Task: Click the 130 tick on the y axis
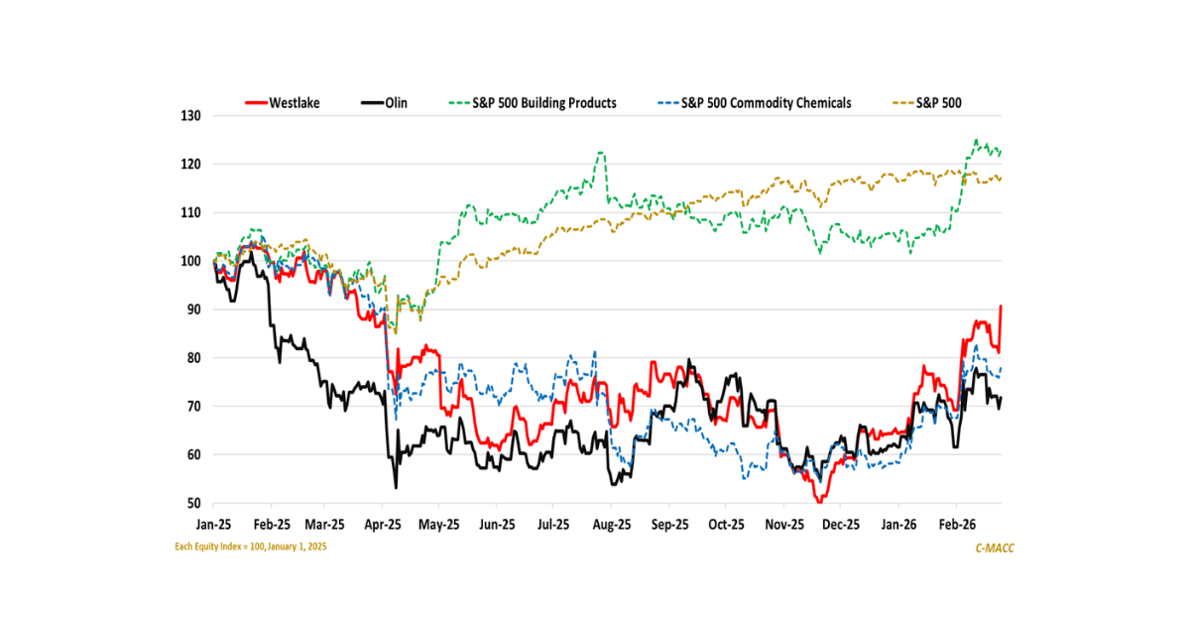(190, 116)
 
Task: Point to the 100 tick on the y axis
(190, 261)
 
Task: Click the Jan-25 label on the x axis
(214, 523)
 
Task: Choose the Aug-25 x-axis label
(611, 523)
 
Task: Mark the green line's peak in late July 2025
(600, 152)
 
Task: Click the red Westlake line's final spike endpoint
(1002, 307)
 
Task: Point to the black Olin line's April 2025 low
(396, 488)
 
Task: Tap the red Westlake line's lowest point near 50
(819, 503)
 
